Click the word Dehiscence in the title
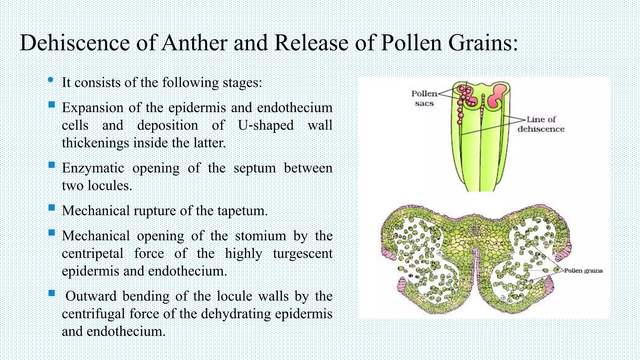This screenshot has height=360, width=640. [75, 43]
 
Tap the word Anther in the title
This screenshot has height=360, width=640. [194, 43]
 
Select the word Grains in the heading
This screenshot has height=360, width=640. [483, 43]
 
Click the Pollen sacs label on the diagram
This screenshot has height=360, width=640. [424, 98]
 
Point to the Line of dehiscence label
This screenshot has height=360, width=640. [541, 124]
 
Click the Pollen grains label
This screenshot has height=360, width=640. [583, 271]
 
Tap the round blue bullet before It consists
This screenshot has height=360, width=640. [51, 80]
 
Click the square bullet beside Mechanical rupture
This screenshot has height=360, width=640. [52, 208]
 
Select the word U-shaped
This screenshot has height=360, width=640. [266, 125]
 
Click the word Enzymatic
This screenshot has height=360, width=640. [93, 168]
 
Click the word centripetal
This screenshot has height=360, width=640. [92, 253]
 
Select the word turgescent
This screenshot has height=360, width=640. [302, 253]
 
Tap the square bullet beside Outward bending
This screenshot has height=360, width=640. [52, 293]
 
